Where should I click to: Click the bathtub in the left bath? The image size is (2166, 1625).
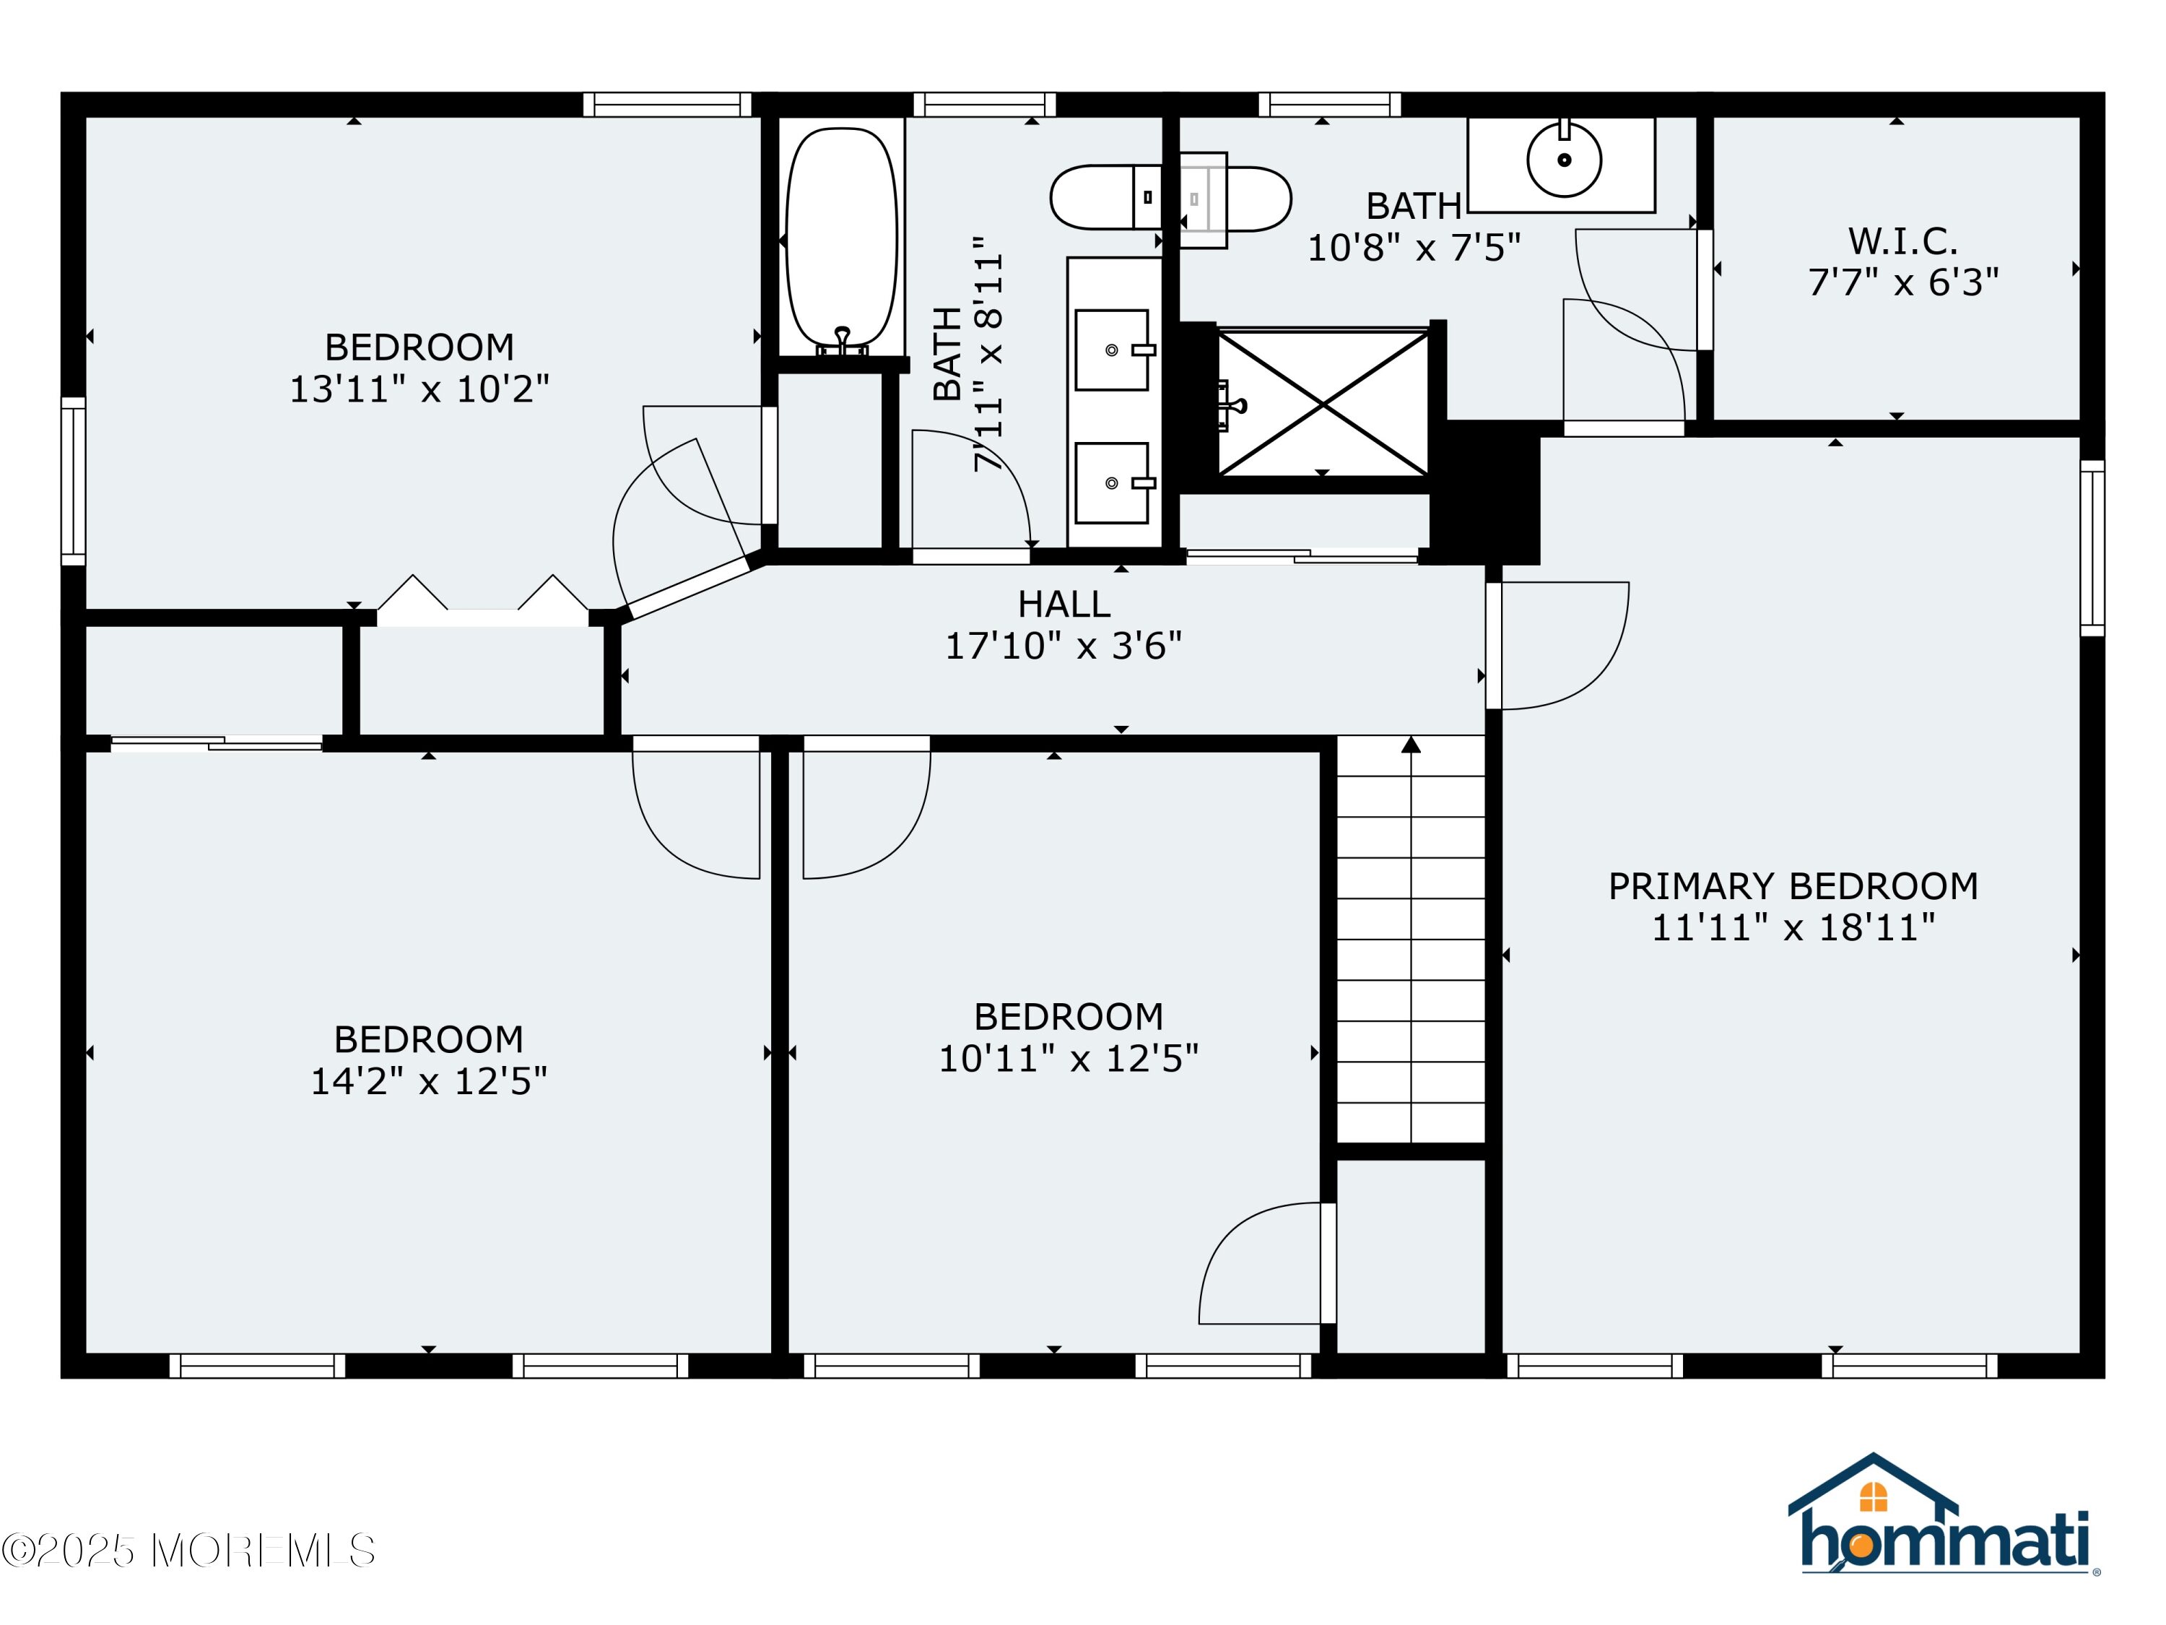(841, 238)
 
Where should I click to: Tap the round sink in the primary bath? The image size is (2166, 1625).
(1564, 159)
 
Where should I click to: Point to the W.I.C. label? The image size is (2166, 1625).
(1902, 241)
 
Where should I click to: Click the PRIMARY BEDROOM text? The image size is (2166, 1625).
(1793, 886)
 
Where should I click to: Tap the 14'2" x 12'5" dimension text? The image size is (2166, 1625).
(429, 1081)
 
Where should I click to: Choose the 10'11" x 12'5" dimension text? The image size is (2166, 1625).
(1069, 1059)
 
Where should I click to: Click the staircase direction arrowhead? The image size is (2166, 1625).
(1411, 745)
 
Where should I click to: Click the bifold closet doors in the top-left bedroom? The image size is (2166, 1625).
(483, 597)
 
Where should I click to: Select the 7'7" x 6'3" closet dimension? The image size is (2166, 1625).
(1902, 283)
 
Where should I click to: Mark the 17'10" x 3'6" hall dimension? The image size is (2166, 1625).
(1064, 646)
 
